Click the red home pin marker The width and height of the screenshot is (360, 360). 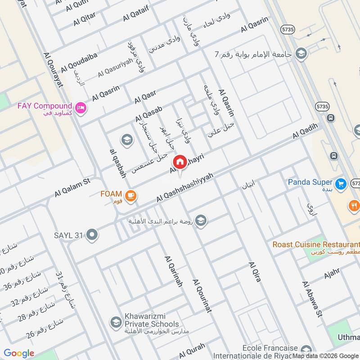click(x=180, y=162)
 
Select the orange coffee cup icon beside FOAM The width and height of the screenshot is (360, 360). click(x=131, y=195)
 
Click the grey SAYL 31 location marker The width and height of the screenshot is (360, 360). click(x=92, y=235)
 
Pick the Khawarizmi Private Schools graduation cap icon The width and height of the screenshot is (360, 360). click(x=116, y=322)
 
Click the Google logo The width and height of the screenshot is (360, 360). click(x=19, y=353)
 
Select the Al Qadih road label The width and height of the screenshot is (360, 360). click(x=308, y=131)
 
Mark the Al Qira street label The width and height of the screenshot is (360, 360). click(x=254, y=271)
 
